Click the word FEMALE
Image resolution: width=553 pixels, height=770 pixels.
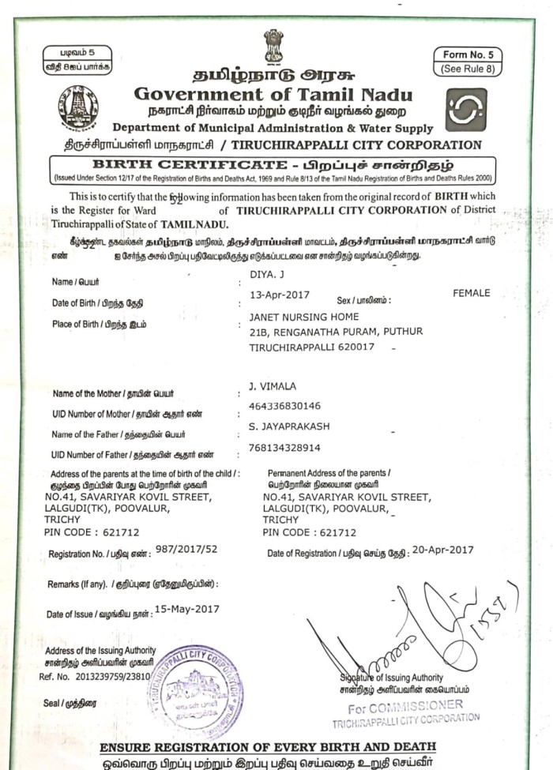[471, 293]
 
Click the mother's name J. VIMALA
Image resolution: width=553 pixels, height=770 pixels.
[272, 386]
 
